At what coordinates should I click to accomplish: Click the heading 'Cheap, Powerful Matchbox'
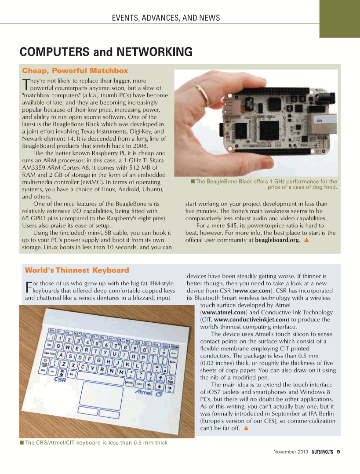pyautogui.click(x=75, y=71)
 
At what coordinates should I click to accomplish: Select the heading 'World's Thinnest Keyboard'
pyautogui.click(x=77, y=270)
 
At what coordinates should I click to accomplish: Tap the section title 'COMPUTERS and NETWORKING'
pyautogui.click(x=106, y=52)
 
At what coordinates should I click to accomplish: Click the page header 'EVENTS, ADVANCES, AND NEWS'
pyautogui.click(x=166, y=18)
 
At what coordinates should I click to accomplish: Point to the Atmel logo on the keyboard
pyautogui.click(x=145, y=391)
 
